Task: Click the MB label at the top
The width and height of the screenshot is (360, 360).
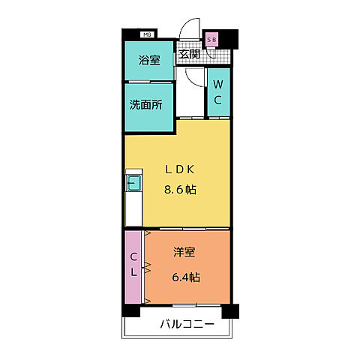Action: pos(147,34)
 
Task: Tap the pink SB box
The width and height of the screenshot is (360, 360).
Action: pos(211,39)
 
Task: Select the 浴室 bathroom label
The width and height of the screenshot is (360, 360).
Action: pos(150,60)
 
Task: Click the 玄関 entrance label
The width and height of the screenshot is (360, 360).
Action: pos(188,54)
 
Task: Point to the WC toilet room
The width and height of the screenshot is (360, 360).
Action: pos(218,91)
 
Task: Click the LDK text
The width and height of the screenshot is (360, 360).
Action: pos(180,169)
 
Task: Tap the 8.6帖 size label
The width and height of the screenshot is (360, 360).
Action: pos(180,190)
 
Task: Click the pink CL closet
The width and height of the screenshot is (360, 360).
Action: pos(133,266)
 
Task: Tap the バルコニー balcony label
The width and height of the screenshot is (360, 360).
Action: pos(187,325)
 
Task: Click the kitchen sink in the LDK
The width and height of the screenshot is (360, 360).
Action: pos(133,181)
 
